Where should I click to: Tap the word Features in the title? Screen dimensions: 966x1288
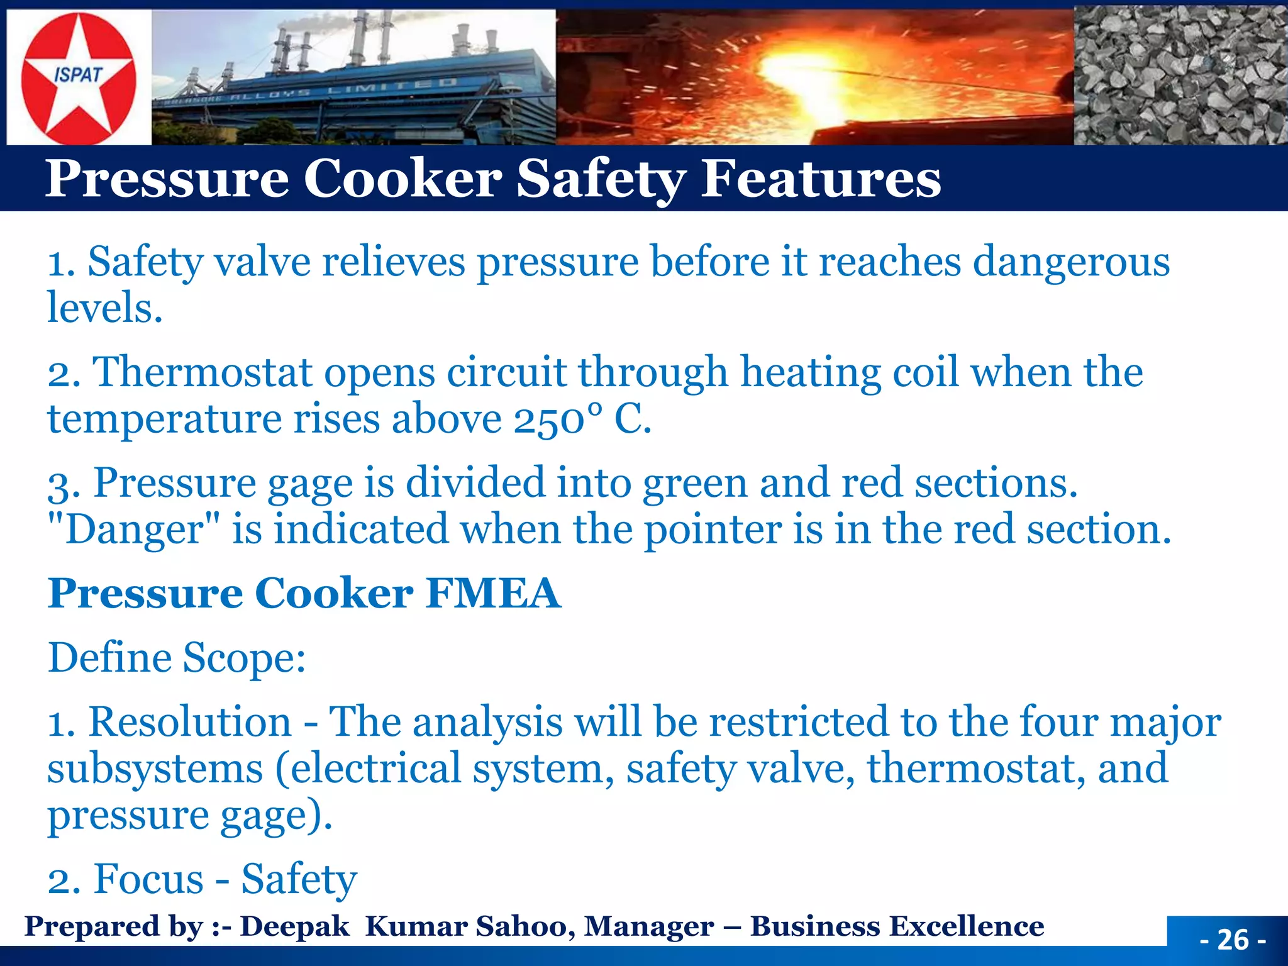821,179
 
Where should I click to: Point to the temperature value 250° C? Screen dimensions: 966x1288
582,419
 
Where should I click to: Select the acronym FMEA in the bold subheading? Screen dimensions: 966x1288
492,594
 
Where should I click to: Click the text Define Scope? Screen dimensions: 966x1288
177,659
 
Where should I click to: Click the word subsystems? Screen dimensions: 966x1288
155,769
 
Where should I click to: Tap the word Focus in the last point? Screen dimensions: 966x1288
148,879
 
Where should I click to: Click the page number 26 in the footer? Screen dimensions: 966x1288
1233,940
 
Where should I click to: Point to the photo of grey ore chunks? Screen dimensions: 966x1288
1180,75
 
